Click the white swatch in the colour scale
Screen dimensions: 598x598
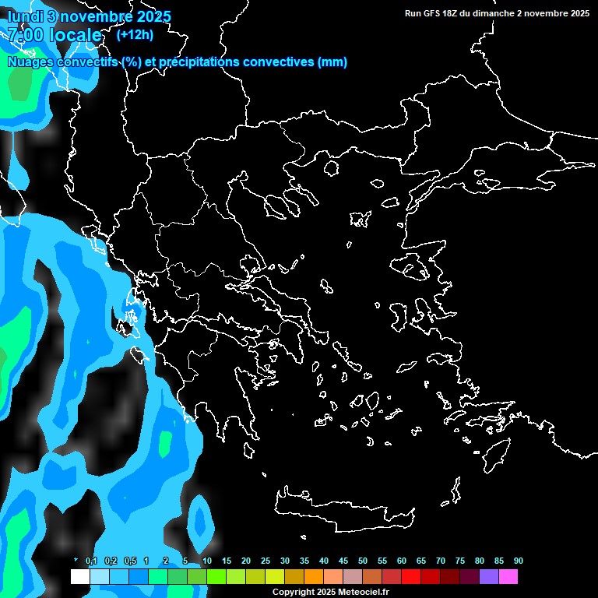tap(79, 577)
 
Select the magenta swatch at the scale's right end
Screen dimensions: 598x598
tap(508, 577)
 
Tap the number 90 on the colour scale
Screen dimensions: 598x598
tap(519, 561)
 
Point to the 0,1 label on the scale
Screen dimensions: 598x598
tap(91, 561)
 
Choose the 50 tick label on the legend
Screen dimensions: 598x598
tap(363, 561)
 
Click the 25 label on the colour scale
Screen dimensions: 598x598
tap(266, 561)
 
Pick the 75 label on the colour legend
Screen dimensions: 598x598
tap(460, 561)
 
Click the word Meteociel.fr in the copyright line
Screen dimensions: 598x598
tap(364, 593)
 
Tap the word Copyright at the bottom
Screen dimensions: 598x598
tap(294, 593)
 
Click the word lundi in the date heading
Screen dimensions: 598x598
tap(24, 16)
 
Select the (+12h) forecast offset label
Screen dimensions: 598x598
tap(135, 34)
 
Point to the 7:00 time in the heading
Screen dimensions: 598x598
tap(24, 35)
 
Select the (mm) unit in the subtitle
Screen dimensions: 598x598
tap(332, 62)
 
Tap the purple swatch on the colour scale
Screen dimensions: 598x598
tap(489, 577)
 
